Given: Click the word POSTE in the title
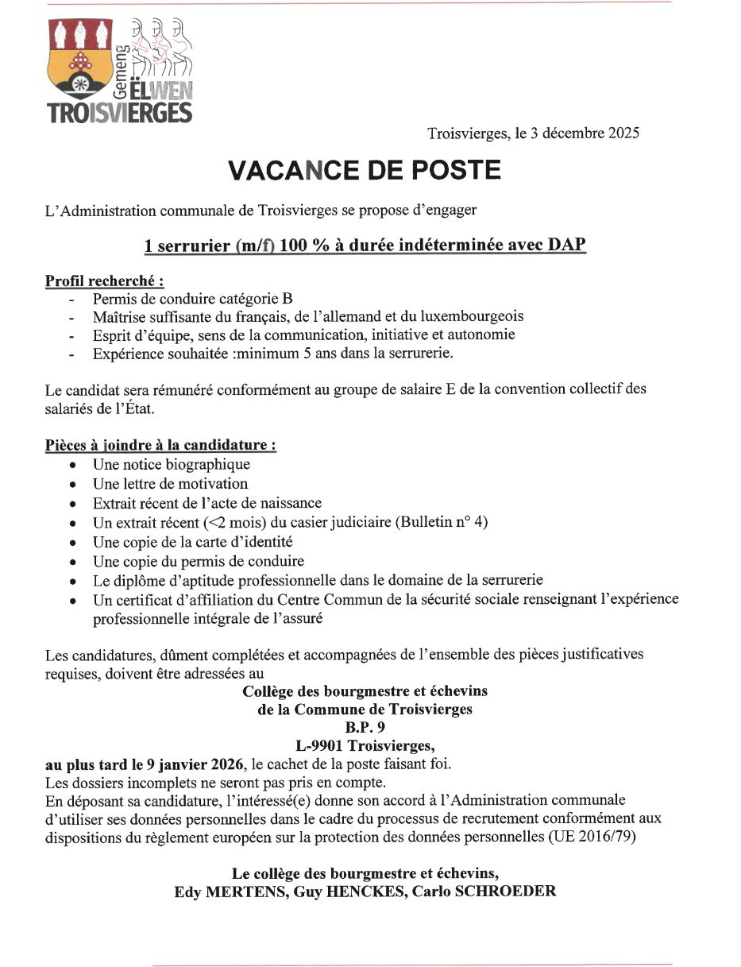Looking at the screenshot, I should [458, 170].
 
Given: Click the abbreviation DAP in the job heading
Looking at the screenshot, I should [567, 246].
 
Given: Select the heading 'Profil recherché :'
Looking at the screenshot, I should [104, 281].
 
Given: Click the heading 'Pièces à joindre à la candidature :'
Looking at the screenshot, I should [160, 446].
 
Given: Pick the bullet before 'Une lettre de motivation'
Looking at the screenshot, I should [74, 484].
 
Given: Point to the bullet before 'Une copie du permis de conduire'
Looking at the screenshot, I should [74, 561].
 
